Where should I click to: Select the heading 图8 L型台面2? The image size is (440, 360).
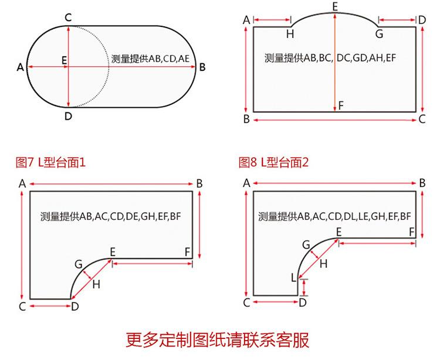click(x=273, y=162)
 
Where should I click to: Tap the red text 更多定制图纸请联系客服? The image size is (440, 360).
click(x=218, y=340)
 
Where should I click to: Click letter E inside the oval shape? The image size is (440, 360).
click(x=63, y=59)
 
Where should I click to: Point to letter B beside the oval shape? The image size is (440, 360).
click(x=202, y=67)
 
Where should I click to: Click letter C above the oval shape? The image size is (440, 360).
click(x=68, y=17)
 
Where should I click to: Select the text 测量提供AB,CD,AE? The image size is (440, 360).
click(x=151, y=59)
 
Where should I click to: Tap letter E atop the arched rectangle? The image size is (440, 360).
click(x=335, y=6)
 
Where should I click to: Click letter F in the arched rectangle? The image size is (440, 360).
click(x=341, y=106)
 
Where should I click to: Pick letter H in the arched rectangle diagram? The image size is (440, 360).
click(x=290, y=34)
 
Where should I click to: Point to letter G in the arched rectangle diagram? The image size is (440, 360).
click(x=379, y=34)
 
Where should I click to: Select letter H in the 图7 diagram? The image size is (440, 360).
click(x=97, y=285)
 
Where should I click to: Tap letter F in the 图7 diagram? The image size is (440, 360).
click(x=187, y=252)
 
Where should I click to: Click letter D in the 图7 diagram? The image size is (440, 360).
click(x=75, y=306)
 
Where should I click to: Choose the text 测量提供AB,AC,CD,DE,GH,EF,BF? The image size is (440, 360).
click(x=111, y=216)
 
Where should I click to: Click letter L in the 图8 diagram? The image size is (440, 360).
click(x=294, y=277)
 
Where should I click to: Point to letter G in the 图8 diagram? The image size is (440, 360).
click(x=306, y=244)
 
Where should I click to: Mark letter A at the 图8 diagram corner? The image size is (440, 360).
click(x=246, y=183)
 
